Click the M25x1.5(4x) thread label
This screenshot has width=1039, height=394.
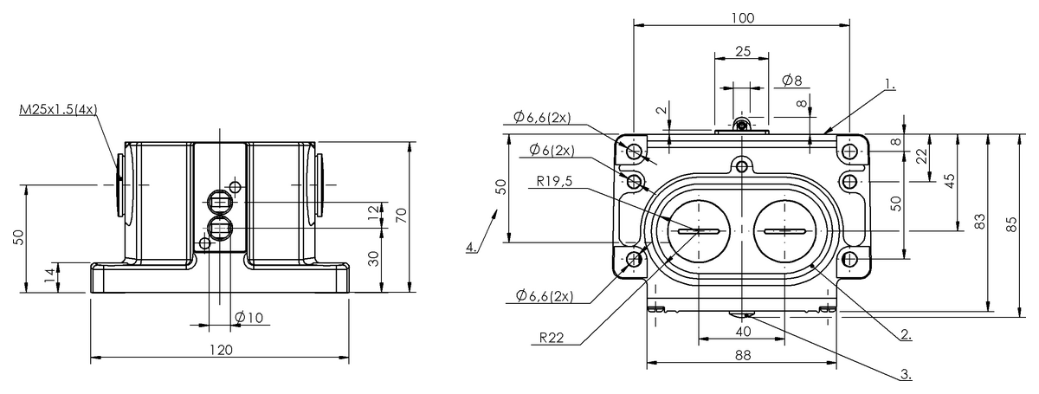click(x=57, y=110)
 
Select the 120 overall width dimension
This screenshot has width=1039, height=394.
click(x=221, y=350)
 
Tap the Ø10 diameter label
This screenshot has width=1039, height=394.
click(x=249, y=318)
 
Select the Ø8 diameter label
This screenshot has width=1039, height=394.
click(x=791, y=81)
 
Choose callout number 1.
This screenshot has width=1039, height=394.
click(x=889, y=85)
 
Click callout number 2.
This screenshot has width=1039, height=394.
click(x=904, y=333)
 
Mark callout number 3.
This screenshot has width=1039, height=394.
click(x=906, y=375)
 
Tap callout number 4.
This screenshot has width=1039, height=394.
click(x=470, y=248)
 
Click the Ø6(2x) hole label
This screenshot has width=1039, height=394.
click(x=553, y=149)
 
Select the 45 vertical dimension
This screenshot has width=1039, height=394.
click(x=950, y=181)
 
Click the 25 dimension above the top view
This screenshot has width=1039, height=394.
click(x=742, y=51)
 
